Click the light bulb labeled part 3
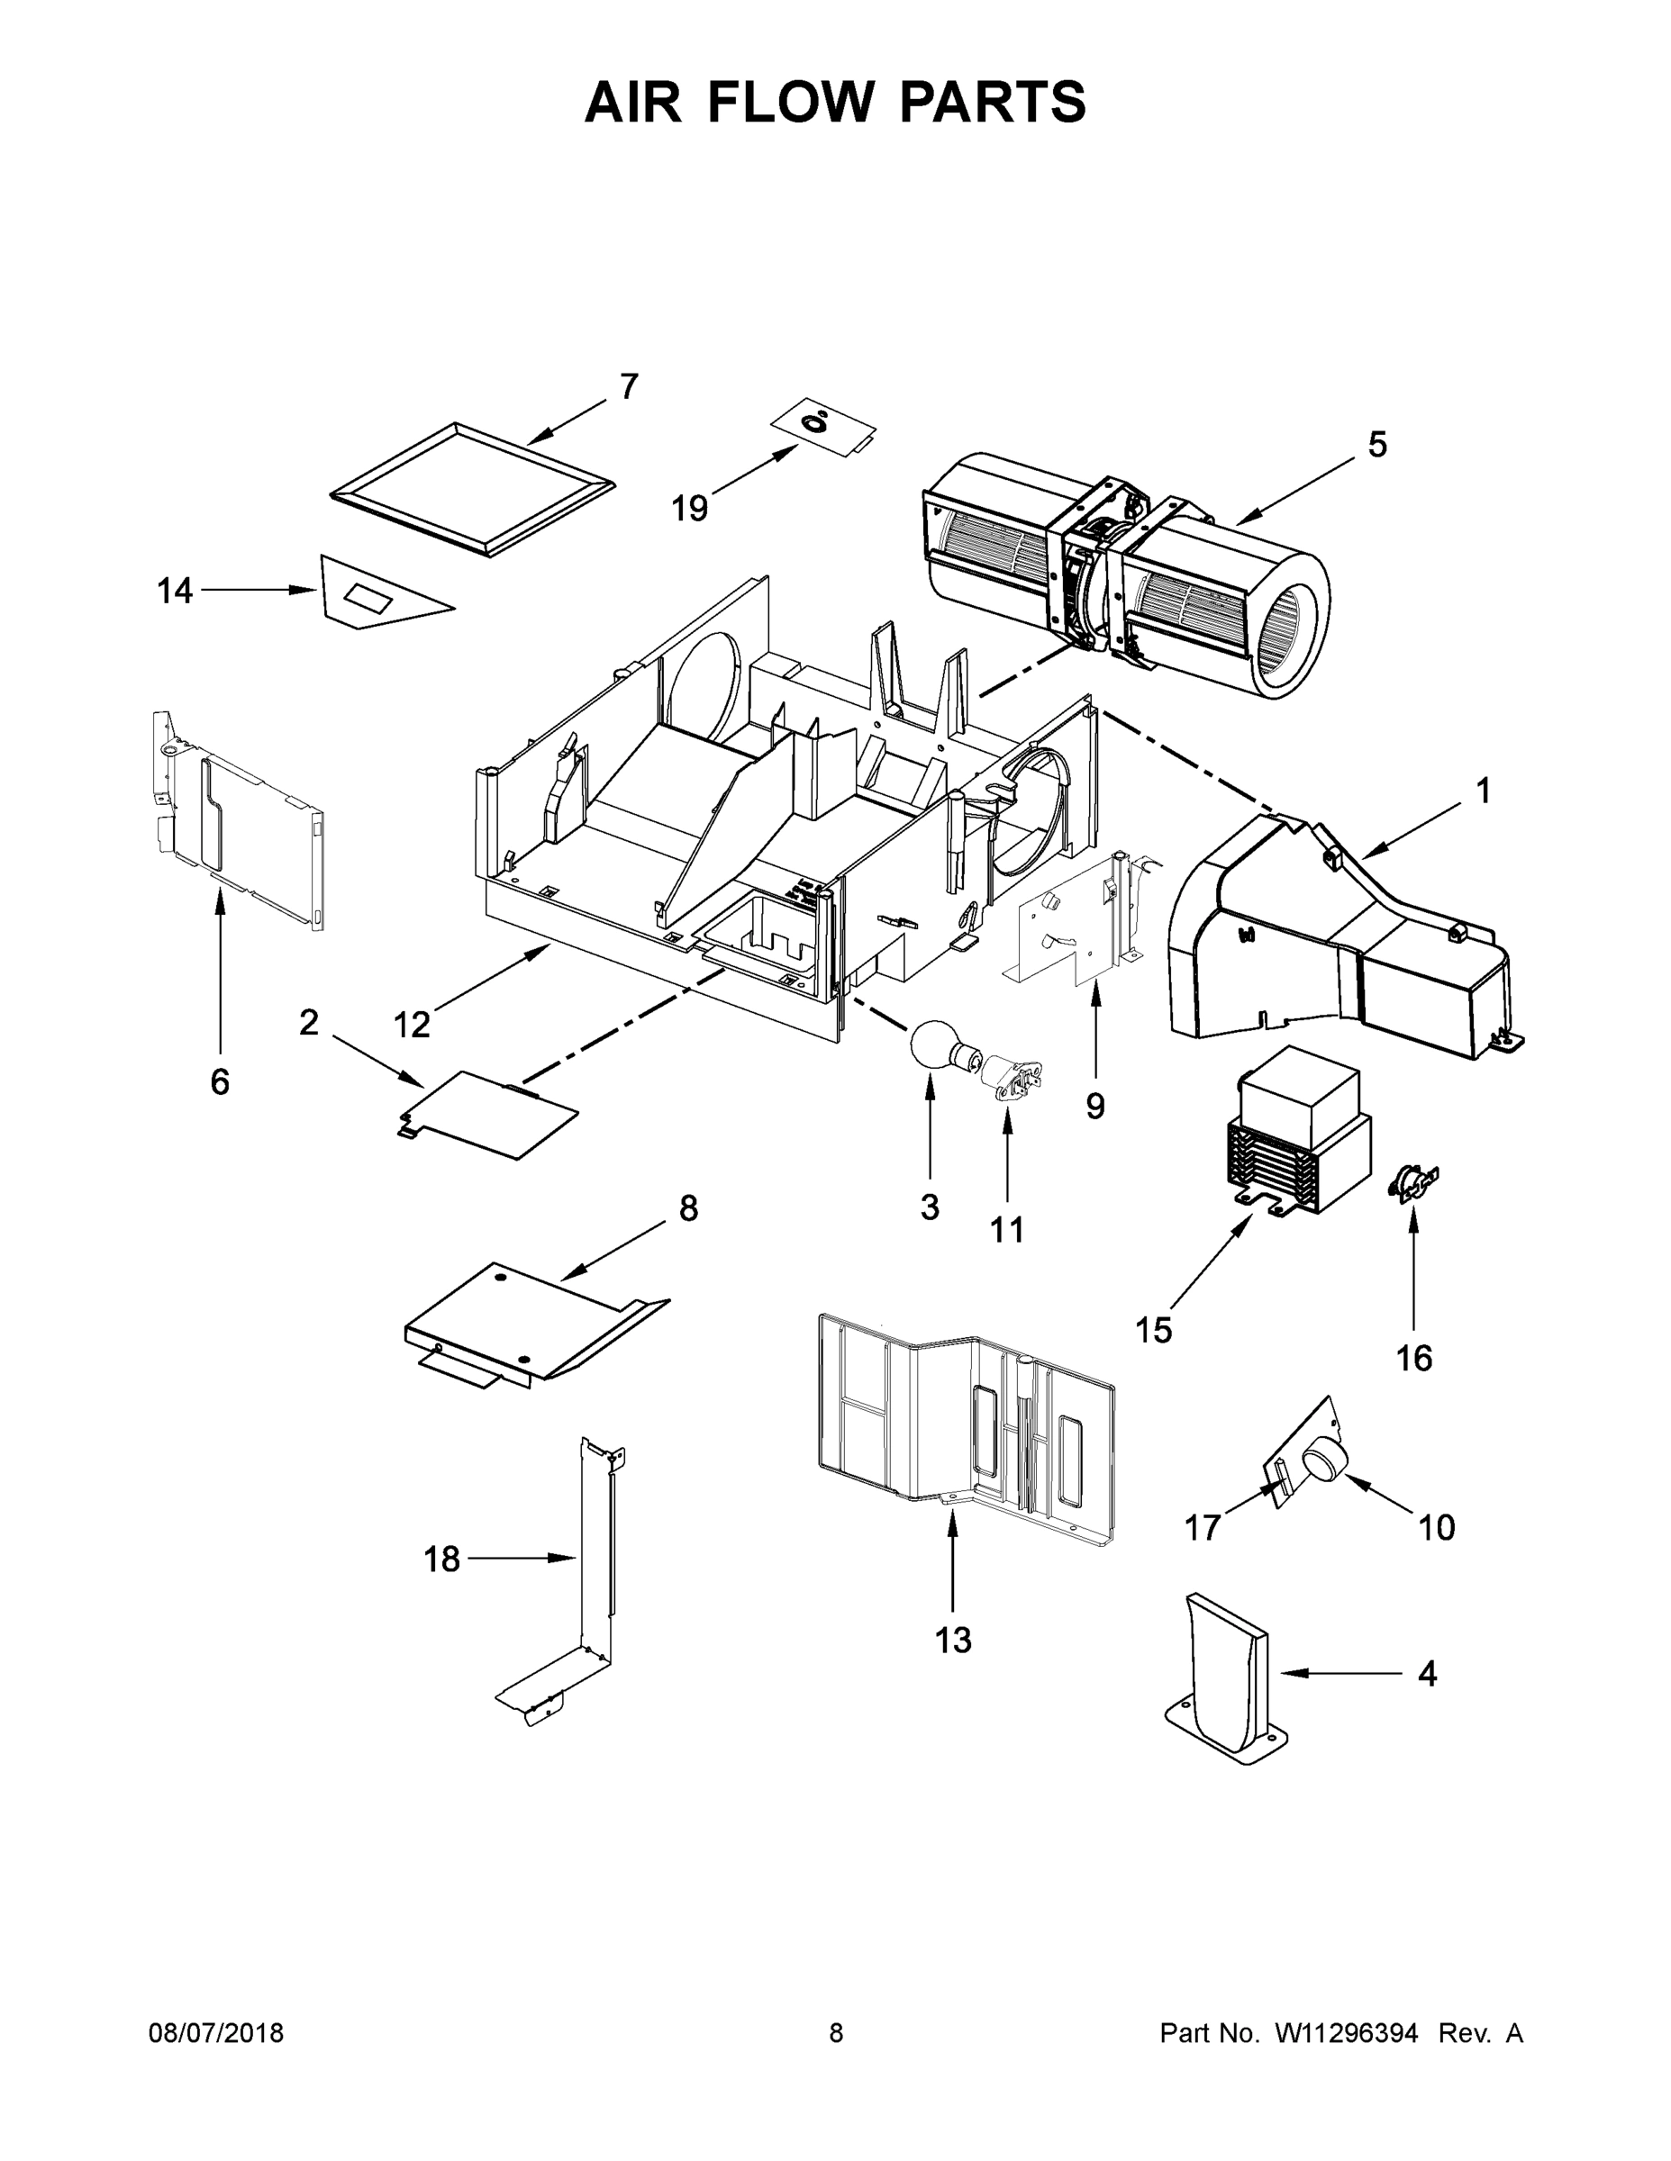point(931,1044)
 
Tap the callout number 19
point(690,509)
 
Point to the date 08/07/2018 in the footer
point(216,2032)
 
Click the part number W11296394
point(1347,2032)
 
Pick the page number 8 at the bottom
point(837,2032)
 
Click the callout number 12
point(412,1025)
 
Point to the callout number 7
point(629,387)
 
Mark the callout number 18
point(441,1560)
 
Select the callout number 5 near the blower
point(1377,446)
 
